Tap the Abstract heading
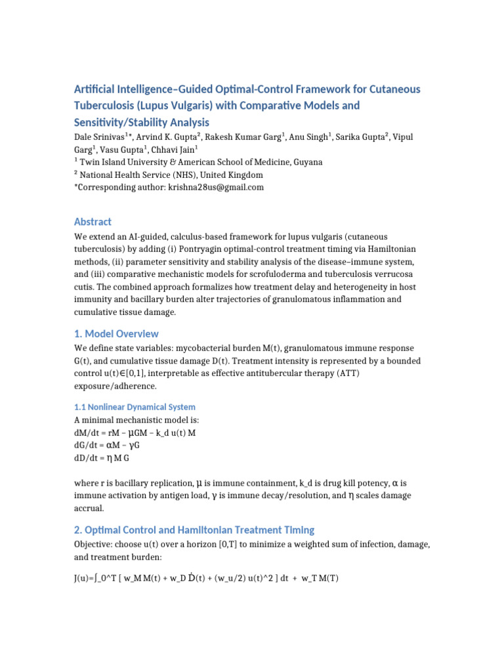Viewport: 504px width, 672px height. click(x=93, y=222)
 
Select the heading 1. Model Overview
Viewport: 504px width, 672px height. click(x=116, y=333)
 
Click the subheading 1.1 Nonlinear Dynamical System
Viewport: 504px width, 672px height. click(x=135, y=407)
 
